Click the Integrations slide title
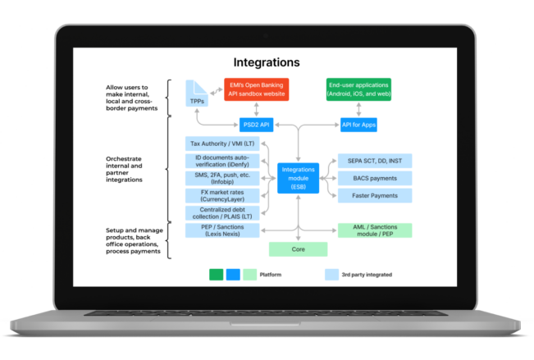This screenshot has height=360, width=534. tap(267, 62)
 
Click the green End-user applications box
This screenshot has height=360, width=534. tap(358, 89)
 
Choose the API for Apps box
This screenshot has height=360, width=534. tap(358, 125)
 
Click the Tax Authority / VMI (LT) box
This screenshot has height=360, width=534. tap(222, 144)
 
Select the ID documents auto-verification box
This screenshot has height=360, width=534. tap(222, 161)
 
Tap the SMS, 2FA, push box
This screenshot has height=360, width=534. tap(222, 178)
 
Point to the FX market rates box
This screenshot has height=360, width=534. tap(222, 196)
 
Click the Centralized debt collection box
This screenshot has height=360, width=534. tap(222, 213)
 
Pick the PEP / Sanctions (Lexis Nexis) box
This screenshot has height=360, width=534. tap(222, 230)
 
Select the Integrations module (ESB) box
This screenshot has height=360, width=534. tap(298, 178)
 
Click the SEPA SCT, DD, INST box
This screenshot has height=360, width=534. tap(374, 161)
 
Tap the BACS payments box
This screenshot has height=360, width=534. tap(374, 178)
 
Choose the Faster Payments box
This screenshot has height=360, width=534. tap(374, 195)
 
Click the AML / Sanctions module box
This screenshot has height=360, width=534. tap(374, 230)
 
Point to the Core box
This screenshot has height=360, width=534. tap(298, 249)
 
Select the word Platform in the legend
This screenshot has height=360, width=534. tap(271, 275)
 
